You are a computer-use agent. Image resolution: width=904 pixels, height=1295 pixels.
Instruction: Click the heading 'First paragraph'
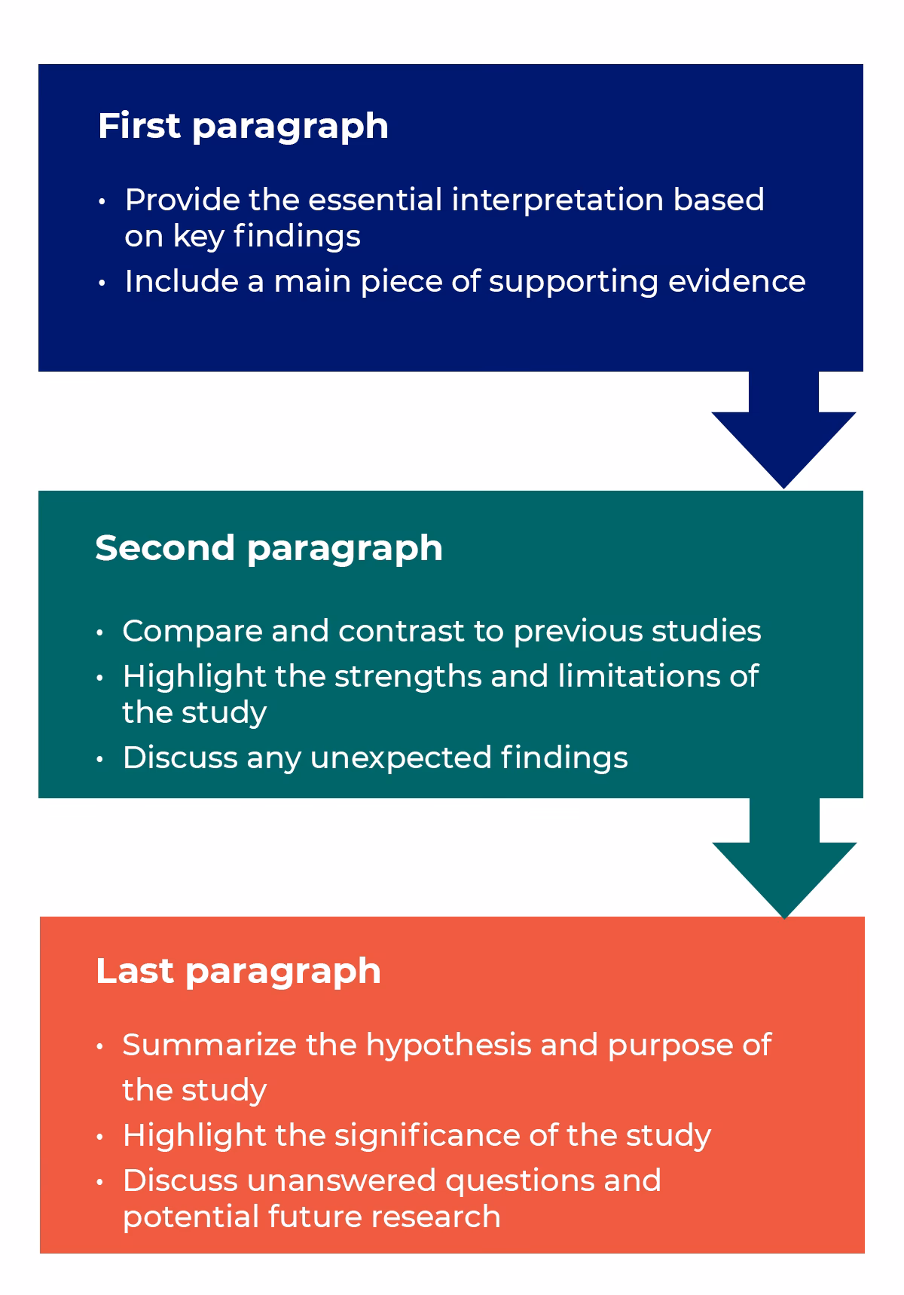coord(243,126)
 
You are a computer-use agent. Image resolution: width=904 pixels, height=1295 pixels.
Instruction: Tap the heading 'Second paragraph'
coord(268,548)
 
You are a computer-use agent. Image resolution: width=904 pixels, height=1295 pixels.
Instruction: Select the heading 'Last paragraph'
coord(238,971)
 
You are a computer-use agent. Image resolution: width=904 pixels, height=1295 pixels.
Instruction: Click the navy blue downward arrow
coord(783,437)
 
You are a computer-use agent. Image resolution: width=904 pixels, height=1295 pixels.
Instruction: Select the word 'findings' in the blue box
coord(297,237)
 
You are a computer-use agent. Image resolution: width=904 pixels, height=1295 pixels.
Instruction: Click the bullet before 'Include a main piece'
coord(102,283)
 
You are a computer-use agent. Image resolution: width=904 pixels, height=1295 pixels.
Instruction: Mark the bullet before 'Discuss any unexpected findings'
coord(100,759)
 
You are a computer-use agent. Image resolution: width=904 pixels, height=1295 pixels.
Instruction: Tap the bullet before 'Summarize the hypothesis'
coord(100,1047)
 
